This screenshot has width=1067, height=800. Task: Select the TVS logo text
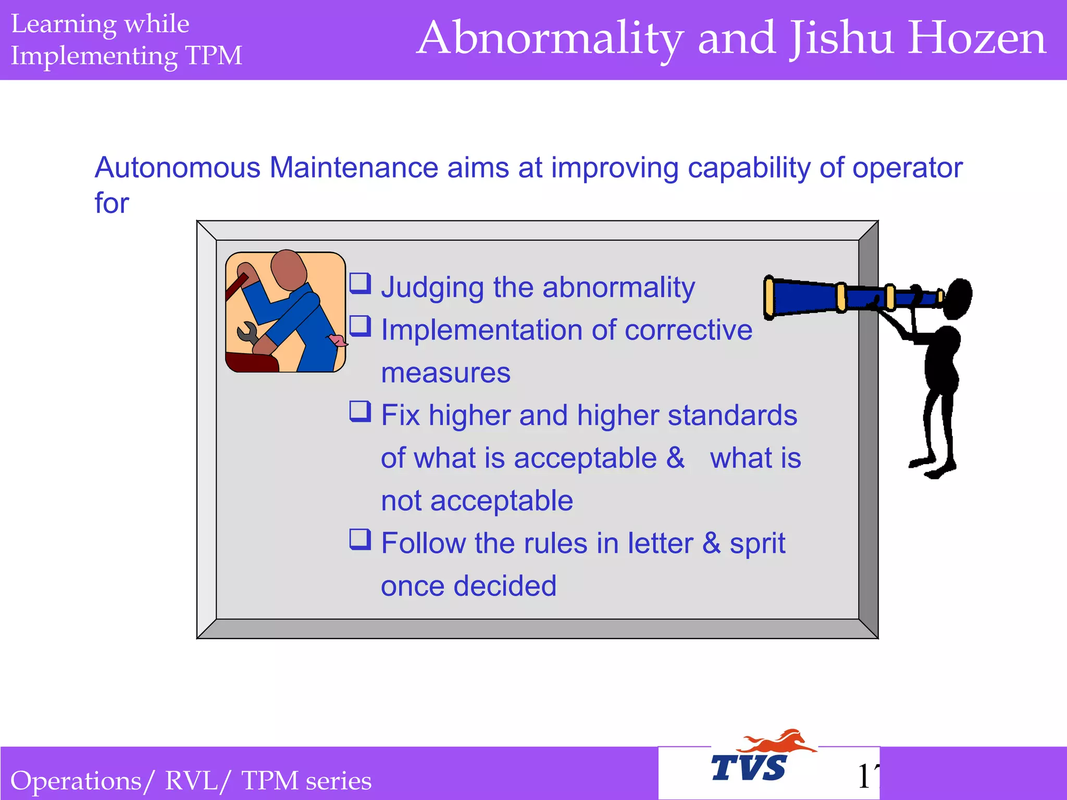749,768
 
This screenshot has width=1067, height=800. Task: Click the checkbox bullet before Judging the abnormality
360,283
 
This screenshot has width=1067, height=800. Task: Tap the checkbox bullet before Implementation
360,326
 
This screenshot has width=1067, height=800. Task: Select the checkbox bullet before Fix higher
360,411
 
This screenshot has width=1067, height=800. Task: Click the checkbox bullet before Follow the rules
360,540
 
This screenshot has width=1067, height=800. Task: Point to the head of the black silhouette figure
958,298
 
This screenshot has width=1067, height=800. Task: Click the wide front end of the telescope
770,298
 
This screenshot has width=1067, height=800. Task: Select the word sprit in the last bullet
757,544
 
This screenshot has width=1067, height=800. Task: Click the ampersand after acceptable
675,458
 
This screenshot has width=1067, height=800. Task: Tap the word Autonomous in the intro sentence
177,168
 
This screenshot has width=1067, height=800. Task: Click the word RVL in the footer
191,781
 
